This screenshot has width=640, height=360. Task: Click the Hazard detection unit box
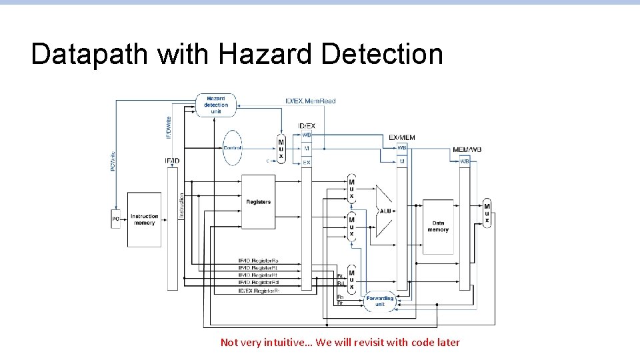[215, 105]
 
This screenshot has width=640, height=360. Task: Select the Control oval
[233, 147]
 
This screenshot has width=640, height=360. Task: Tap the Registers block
[258, 202]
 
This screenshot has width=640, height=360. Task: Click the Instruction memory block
[144, 219]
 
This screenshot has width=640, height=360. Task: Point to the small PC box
[115, 219]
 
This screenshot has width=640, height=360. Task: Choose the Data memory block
[438, 226]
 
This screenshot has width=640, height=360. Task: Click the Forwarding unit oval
[380, 301]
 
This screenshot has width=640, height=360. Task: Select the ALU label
[386, 211]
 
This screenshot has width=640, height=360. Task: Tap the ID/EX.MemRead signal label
[310, 101]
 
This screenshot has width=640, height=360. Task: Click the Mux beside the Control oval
[281, 149]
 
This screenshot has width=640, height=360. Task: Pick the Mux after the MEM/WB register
[487, 213]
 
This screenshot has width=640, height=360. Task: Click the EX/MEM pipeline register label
[402, 138]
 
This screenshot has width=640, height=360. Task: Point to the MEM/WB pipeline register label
[467, 149]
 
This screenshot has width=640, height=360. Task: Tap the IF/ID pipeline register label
[172, 161]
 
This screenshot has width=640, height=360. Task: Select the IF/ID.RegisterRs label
[259, 261]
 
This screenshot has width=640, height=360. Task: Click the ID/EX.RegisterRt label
[259, 291]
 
